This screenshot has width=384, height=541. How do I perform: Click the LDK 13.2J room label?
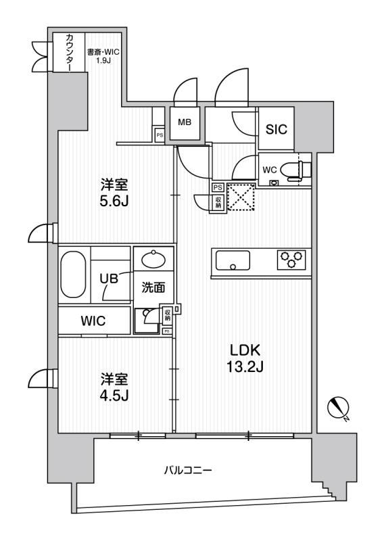[245, 358]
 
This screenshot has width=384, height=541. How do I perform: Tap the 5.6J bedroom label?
[114, 193]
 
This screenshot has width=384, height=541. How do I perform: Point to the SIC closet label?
[277, 129]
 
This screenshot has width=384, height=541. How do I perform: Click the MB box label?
[185, 122]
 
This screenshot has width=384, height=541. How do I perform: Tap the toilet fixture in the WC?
[295, 170]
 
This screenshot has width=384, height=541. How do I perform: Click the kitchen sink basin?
[233, 260]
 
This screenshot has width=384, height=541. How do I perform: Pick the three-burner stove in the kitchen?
[291, 260]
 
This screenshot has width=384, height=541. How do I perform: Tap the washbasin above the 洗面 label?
[153, 259]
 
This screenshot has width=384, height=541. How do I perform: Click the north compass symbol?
[339, 408]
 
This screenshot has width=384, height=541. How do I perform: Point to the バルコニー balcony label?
[188, 470]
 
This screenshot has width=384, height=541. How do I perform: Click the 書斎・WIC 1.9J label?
[103, 55]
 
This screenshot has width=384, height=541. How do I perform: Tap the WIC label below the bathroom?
[93, 321]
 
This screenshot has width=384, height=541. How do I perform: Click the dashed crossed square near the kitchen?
[242, 197]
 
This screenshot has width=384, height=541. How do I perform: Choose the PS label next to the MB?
[160, 135]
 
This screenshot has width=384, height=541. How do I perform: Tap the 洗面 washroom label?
[153, 287]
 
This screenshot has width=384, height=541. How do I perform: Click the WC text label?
[270, 170]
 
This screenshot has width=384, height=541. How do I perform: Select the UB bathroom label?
[109, 278]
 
